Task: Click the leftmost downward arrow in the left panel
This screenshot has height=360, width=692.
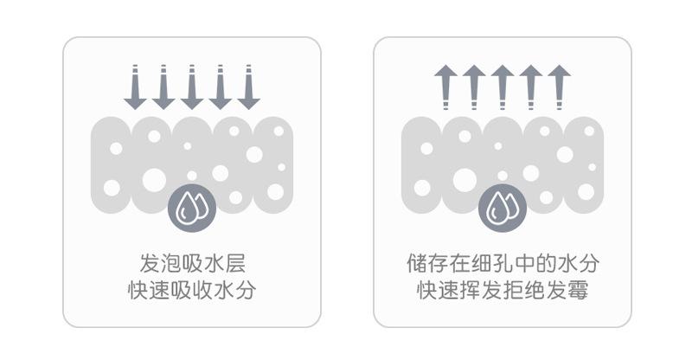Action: tap(135, 87)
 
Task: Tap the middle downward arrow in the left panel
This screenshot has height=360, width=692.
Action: tap(192, 87)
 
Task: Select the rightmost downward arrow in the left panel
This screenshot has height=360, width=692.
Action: tap(249, 87)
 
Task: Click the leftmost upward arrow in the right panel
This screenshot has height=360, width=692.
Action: tap(445, 87)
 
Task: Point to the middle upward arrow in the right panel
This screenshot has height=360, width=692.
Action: tap(502, 87)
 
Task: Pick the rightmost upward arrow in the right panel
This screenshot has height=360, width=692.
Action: tap(560, 87)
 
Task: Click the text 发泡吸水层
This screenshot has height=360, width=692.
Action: tap(192, 262)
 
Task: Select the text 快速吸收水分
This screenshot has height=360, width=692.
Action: tap(192, 290)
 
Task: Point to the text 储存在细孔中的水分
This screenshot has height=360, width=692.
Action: tap(503, 262)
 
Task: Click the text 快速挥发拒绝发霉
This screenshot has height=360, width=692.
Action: tap(503, 290)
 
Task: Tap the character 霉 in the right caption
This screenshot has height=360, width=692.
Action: tap(578, 290)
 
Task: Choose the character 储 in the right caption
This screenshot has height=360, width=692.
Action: tap(416, 262)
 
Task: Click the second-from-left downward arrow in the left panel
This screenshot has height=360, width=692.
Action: tap(163, 87)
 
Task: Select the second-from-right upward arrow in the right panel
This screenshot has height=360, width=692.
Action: tap(530, 87)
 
